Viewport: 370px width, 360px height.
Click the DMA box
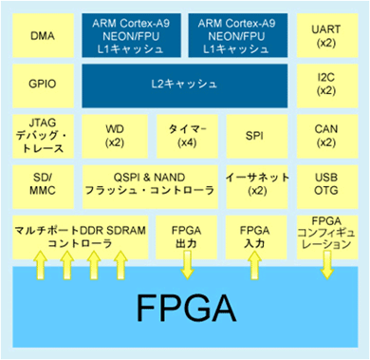point(41,37)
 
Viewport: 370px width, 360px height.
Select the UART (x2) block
point(325,37)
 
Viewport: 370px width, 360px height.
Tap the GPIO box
point(41,85)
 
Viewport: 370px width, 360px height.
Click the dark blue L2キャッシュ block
point(184,85)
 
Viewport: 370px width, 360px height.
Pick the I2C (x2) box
point(325,85)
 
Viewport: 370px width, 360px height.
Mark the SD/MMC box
point(41,184)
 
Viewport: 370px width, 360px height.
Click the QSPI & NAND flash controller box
point(149,184)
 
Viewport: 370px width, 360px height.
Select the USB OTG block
point(325,184)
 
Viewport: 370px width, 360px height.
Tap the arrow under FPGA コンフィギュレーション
point(325,268)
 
